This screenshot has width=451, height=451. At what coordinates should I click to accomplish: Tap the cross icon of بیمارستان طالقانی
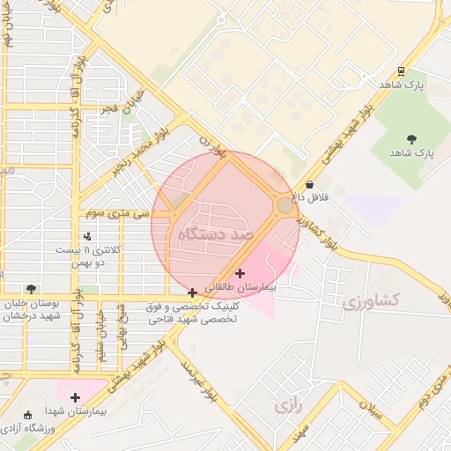point(240,274)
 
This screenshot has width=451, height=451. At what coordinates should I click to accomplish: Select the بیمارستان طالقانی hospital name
point(240,288)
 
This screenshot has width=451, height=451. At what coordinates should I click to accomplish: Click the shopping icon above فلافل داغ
point(309,184)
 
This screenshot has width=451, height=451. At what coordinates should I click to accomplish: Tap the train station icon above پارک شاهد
point(402,71)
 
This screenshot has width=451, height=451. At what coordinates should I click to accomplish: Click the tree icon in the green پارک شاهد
point(411,138)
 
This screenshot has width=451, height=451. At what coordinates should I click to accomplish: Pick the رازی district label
point(287,406)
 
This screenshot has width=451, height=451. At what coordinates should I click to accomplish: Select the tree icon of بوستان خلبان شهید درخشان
point(32,289)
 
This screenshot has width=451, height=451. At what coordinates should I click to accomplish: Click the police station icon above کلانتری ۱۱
point(86,236)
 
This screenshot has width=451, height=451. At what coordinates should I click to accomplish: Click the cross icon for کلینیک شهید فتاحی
point(193,292)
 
